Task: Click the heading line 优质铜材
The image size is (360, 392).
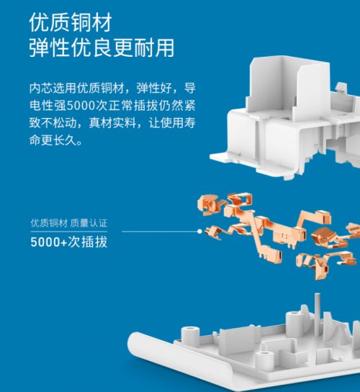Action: (x=71, y=22)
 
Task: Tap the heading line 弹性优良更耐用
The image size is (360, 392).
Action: (x=102, y=47)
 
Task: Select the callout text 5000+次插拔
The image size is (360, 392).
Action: (x=69, y=242)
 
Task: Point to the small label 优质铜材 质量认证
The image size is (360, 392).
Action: (x=69, y=223)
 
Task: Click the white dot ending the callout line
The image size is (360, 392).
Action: (x=199, y=232)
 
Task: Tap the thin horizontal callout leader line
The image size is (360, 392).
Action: (x=160, y=232)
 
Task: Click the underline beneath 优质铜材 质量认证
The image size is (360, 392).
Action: (x=69, y=232)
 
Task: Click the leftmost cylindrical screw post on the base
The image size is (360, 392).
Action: (x=190, y=335)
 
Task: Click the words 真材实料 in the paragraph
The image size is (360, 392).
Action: (x=112, y=123)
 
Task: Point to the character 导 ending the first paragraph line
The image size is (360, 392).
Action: (x=190, y=88)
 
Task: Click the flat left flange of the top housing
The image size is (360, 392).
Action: (x=220, y=158)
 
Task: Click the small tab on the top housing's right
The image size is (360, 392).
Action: (x=341, y=87)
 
